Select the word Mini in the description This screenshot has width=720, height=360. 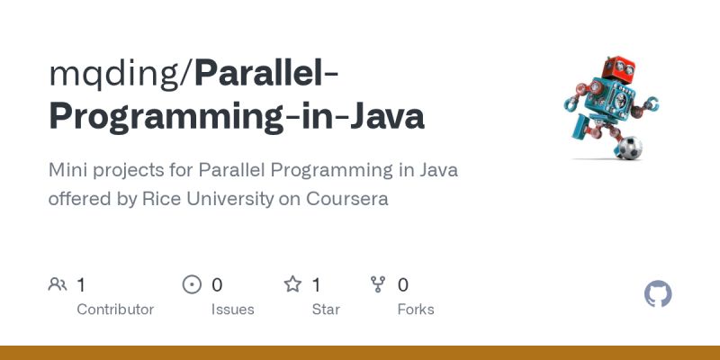pos(68,169)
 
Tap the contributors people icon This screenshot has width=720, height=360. pos(58,285)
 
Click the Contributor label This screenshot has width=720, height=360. pos(115,310)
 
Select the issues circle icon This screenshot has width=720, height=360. pos(192,285)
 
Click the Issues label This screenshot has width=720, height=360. pos(232,310)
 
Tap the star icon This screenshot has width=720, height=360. pos(292,285)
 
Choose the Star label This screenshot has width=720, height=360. pos(326,310)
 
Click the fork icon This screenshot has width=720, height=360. pos(378,285)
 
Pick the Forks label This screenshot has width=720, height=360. pos(416,310)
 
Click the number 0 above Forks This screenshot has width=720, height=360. pos(403,285)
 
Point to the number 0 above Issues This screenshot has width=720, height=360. pos(217,285)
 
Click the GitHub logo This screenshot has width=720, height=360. pos(659,294)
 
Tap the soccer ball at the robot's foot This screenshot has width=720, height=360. pos(627,147)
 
